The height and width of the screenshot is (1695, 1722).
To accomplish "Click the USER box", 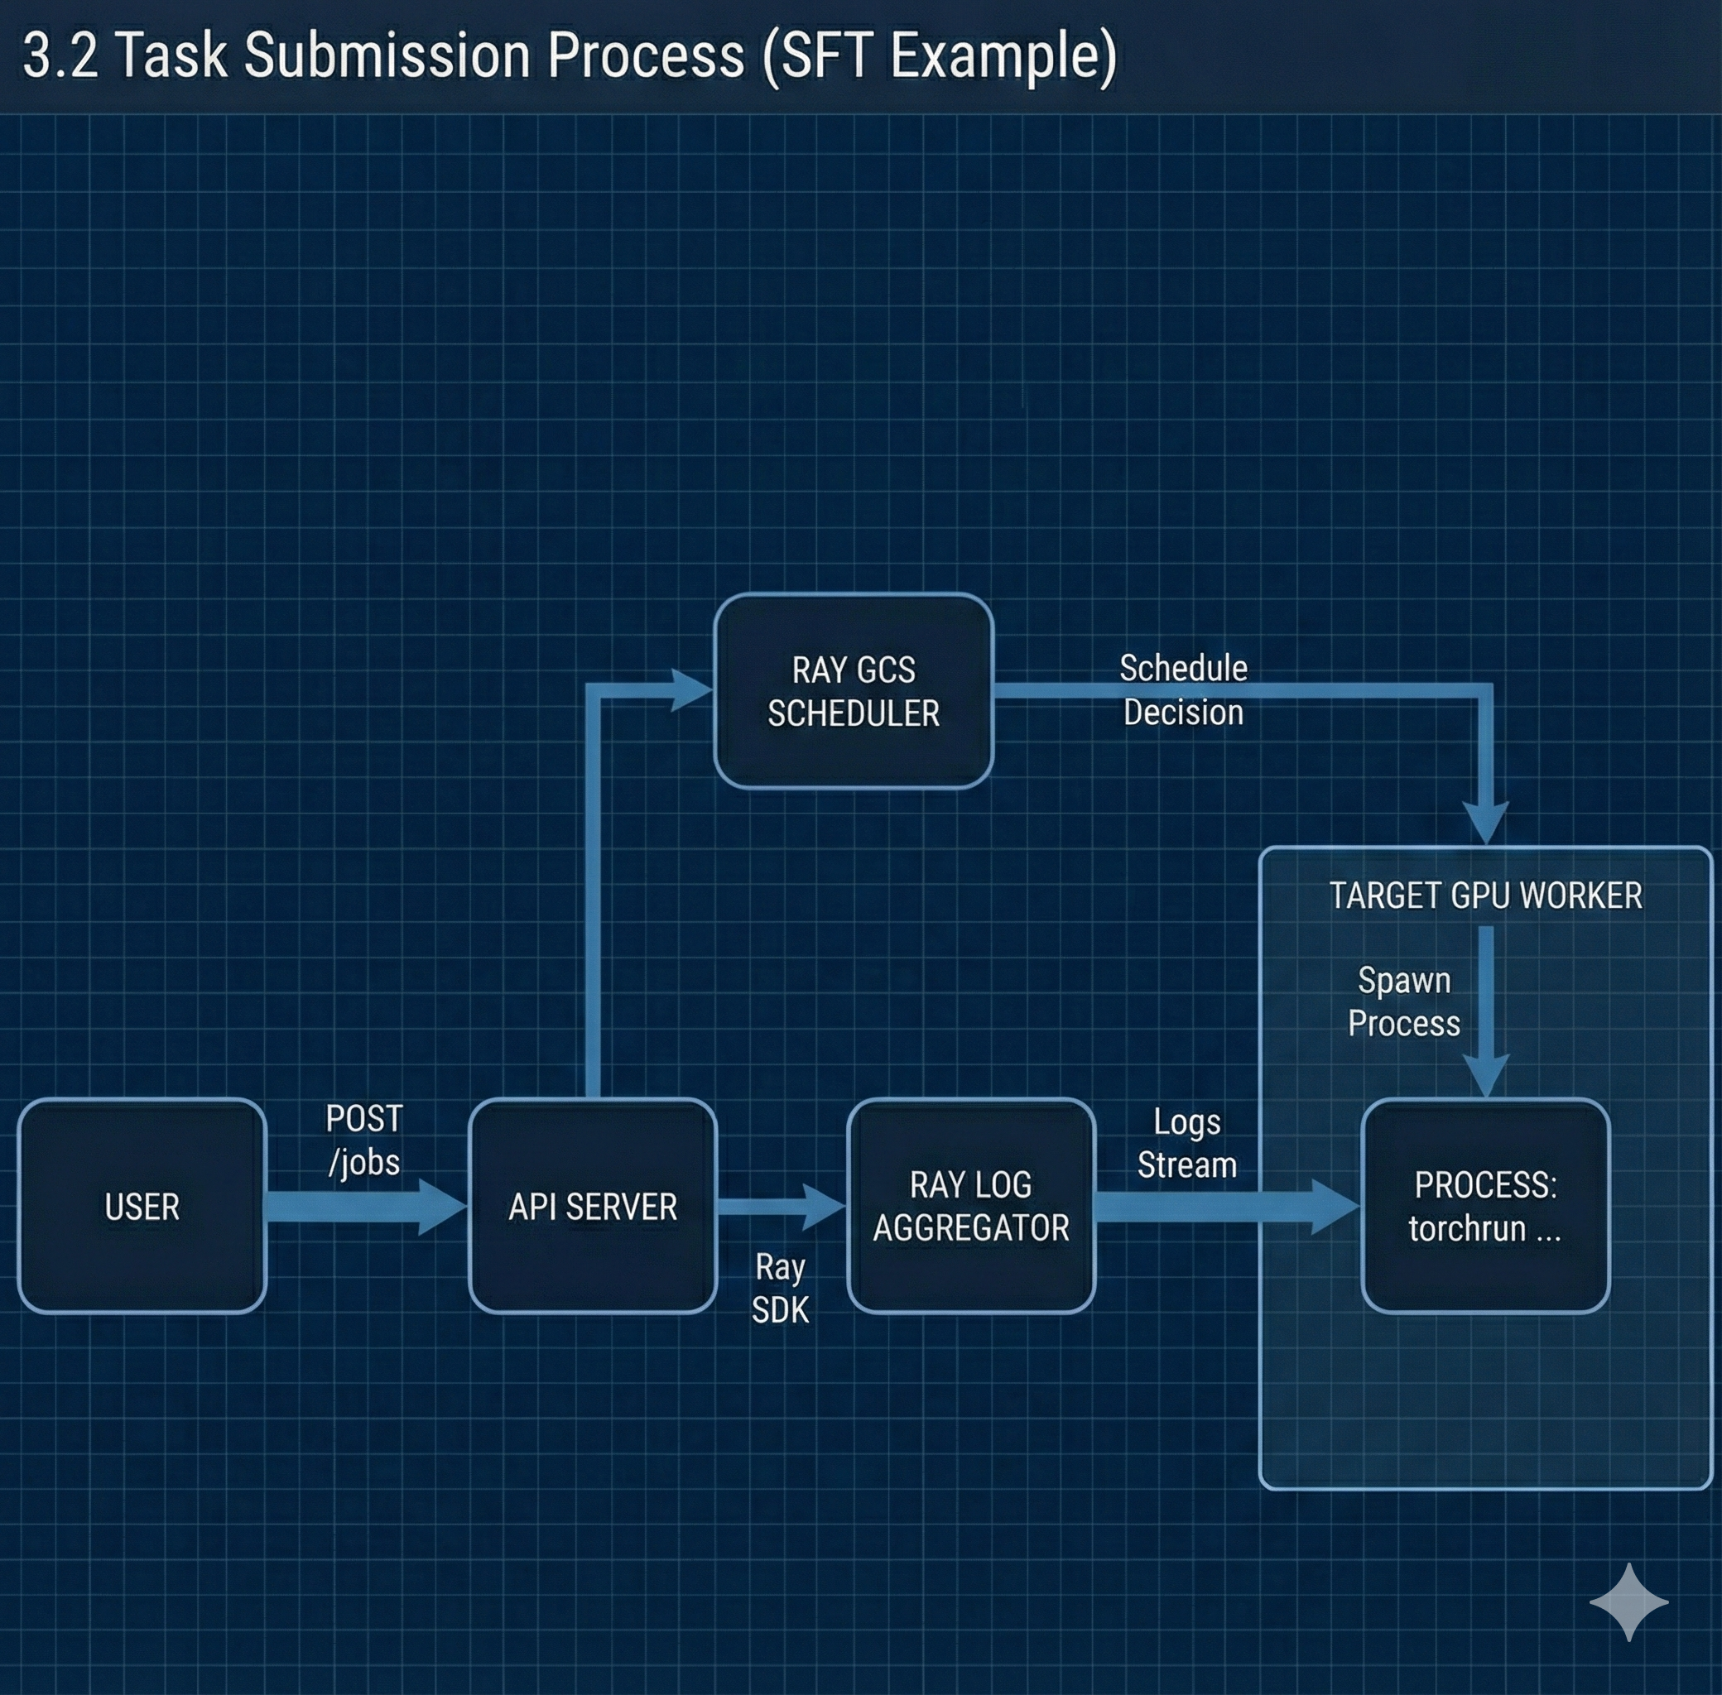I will [x=142, y=1206].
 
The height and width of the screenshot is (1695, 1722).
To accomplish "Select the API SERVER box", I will [x=592, y=1206].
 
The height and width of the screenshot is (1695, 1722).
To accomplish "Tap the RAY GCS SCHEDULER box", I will [x=853, y=691].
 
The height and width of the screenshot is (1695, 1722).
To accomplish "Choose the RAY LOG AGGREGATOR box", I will [x=970, y=1206].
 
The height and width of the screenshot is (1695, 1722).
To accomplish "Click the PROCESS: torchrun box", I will [x=1485, y=1206].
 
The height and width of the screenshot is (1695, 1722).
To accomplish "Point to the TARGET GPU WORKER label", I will [x=1485, y=896].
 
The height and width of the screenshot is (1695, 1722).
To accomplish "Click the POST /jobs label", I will [x=363, y=1140].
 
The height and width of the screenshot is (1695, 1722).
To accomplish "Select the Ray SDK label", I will [x=780, y=1288].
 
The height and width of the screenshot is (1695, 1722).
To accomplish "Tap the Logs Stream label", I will [x=1187, y=1144].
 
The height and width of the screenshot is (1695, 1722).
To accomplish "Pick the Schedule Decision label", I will [x=1183, y=690].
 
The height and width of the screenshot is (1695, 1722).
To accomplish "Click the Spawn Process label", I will [x=1404, y=1001].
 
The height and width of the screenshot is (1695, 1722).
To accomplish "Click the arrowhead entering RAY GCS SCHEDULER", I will [x=691, y=690].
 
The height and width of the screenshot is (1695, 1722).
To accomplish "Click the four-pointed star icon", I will [x=1628, y=1602].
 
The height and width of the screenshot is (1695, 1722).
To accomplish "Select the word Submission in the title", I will [x=387, y=56].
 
